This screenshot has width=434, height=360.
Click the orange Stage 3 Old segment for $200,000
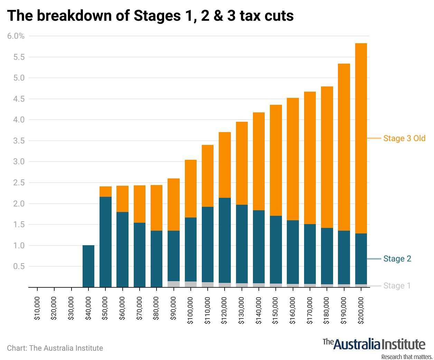[x=361, y=138]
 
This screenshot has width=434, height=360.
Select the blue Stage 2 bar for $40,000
[x=88, y=266]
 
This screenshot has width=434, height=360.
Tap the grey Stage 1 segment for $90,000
[x=173, y=284]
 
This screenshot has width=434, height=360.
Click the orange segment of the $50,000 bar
[x=105, y=192]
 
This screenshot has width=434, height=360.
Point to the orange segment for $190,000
[x=344, y=147]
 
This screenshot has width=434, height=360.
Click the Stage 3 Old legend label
[x=404, y=138]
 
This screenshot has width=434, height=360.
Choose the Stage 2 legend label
[x=397, y=259]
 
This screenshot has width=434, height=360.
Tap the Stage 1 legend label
[x=397, y=286]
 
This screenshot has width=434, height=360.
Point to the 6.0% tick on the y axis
[x=16, y=36]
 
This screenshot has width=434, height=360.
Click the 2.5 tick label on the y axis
[x=19, y=183]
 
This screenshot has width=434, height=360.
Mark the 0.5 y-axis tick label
[x=19, y=266]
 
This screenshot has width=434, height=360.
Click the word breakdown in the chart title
[x=74, y=16]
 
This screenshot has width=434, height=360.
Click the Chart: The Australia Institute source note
[x=55, y=348]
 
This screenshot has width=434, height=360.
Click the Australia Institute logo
[x=374, y=344]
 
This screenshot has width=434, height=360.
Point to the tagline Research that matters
[x=406, y=357]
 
